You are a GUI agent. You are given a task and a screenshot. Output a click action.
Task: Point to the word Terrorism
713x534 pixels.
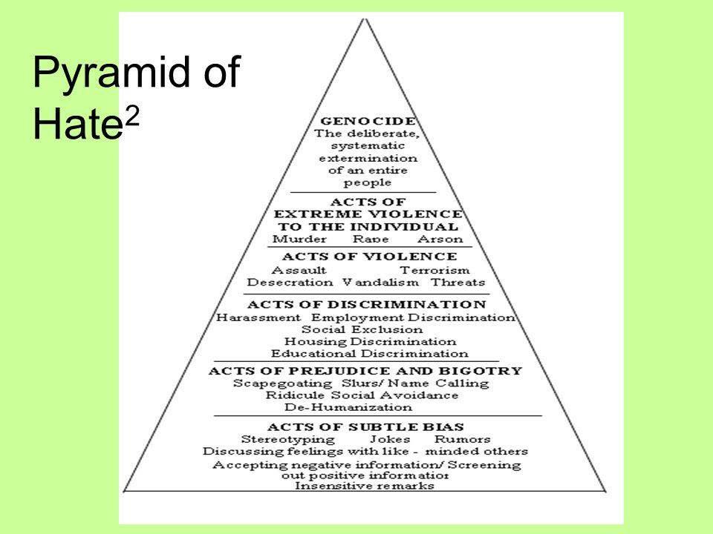point(434,270)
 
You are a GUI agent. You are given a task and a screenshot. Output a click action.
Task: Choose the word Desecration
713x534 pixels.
point(290,283)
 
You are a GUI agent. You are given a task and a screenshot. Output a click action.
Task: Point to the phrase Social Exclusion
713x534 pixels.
point(362,329)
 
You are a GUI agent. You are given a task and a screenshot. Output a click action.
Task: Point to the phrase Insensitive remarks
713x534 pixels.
point(365,487)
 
